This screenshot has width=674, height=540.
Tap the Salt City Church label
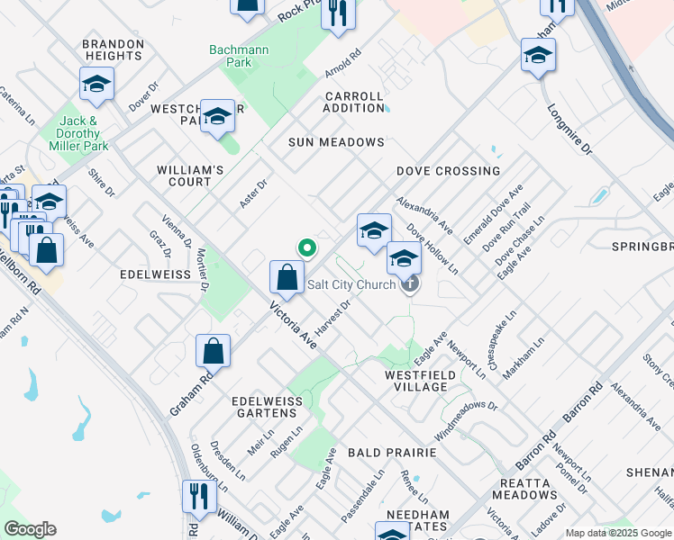(351, 285)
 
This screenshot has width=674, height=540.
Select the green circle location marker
(307, 247)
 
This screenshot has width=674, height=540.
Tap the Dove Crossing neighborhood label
(448, 171)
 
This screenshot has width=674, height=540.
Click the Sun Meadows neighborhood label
(336, 142)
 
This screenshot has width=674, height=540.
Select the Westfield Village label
(416, 381)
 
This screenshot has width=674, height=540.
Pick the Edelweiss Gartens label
(264, 407)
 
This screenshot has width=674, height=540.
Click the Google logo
(30, 529)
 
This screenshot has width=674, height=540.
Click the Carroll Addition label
(354, 102)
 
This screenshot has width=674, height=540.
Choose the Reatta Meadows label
(524, 489)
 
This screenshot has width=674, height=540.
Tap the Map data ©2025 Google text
(618, 533)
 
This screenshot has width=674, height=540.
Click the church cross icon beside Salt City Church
(410, 285)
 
